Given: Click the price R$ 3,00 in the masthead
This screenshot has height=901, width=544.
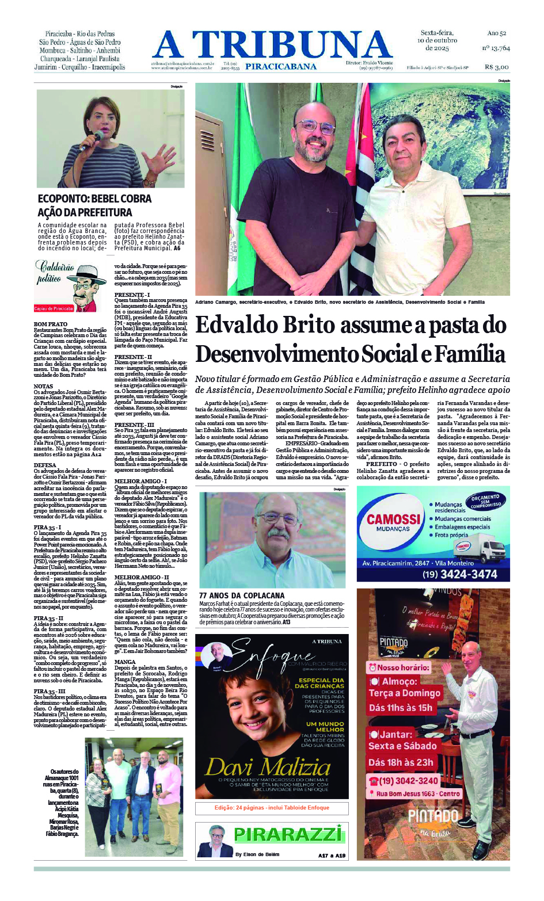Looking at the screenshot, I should point(497,67).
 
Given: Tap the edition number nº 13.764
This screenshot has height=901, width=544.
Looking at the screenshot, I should point(496,48).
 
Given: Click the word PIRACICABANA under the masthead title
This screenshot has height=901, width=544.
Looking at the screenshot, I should point(280,67).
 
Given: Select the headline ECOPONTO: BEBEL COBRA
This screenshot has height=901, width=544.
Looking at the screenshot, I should point(94,198).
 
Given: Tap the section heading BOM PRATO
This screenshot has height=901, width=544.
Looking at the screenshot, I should point(51,324).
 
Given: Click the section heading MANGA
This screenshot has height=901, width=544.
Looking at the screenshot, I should point(125,662).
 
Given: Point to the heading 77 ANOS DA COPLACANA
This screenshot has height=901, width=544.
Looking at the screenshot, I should point(242,595).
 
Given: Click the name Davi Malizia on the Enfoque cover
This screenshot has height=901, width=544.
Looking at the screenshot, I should point(268,767).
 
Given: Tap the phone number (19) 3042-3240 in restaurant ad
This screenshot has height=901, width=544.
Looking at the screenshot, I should point(409,781).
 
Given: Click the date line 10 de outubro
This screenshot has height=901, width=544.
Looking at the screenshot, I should point(437,40).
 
